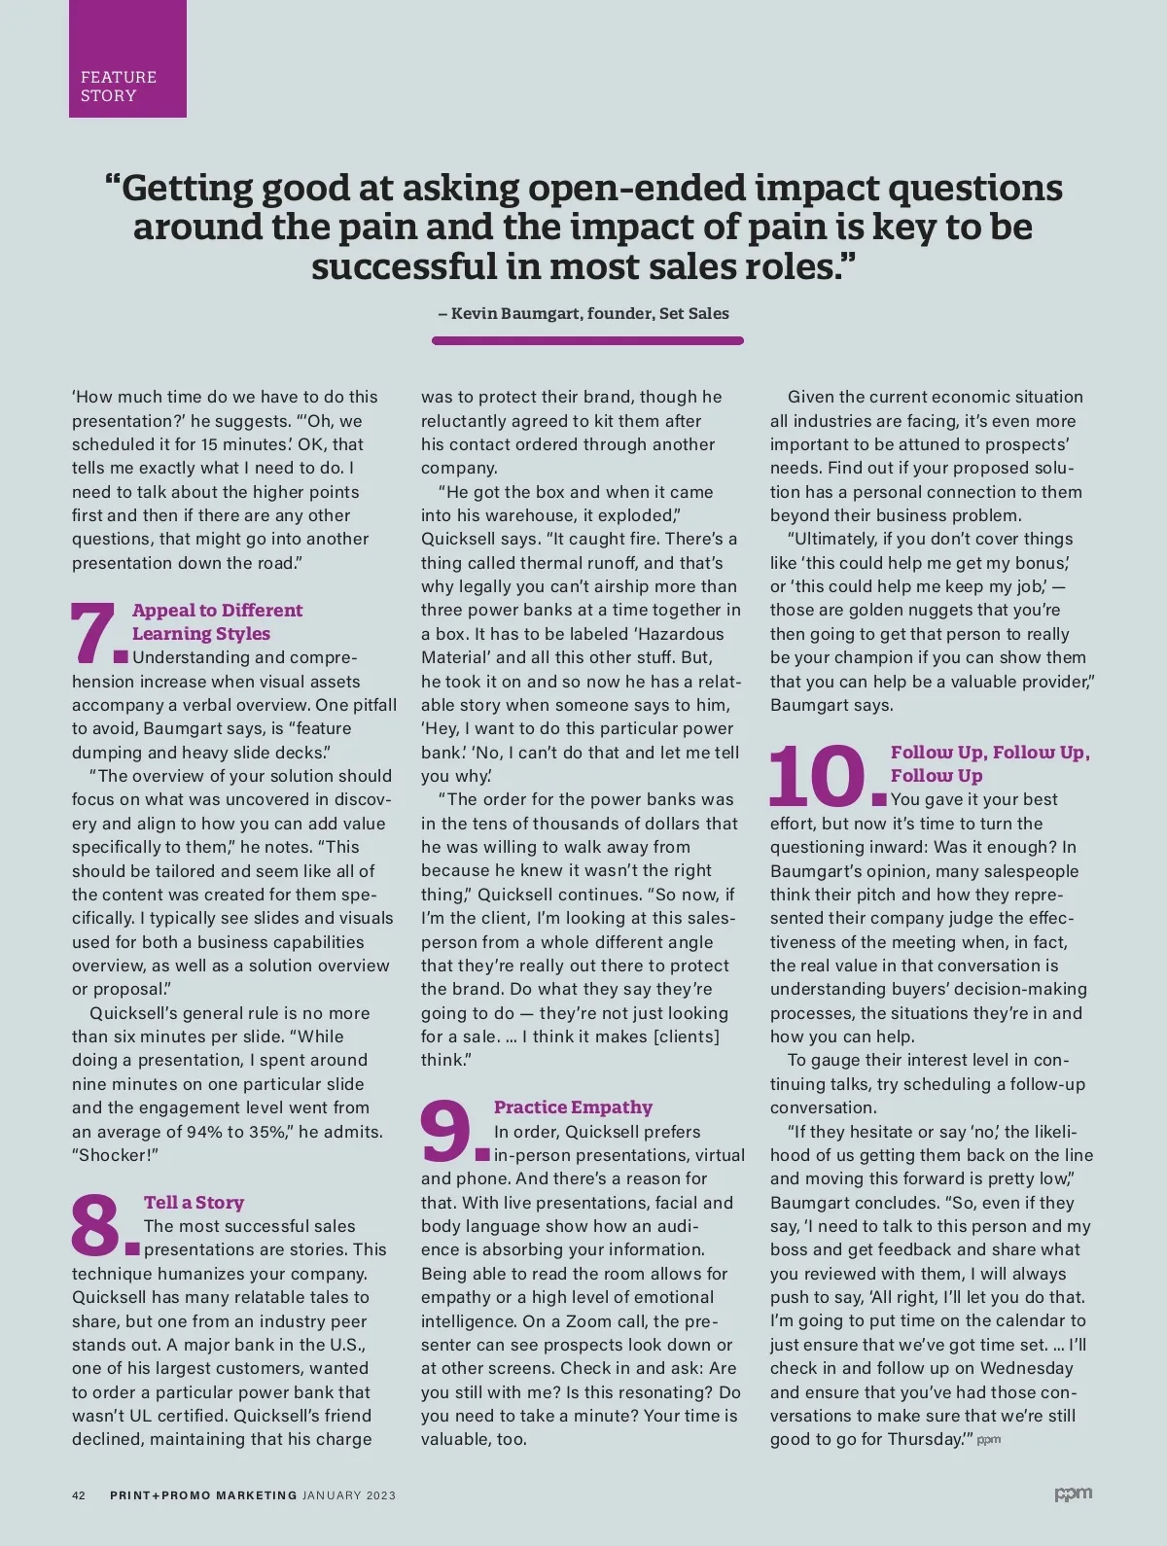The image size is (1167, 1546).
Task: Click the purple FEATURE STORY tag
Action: point(126,59)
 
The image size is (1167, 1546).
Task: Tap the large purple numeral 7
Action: point(93,633)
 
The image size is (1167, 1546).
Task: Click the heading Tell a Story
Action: point(194,1203)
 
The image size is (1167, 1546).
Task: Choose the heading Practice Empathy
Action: point(573,1107)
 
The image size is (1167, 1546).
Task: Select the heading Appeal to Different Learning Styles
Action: point(217,621)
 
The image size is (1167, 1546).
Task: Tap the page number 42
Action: point(79,1495)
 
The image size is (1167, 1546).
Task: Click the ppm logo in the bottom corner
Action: point(1073,1493)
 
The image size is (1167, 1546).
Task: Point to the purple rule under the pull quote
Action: point(587,340)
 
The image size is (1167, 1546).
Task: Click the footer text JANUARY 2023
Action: point(349,1495)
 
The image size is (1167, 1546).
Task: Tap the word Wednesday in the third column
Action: point(1026,1368)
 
